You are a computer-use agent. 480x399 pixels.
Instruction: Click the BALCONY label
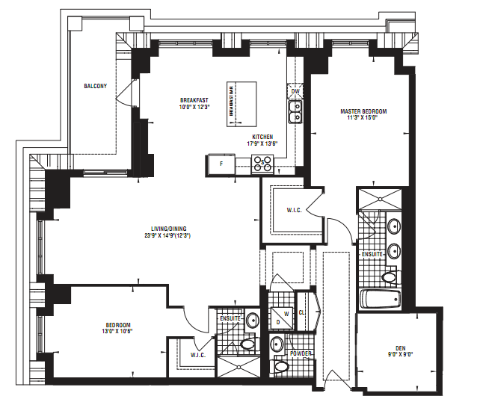click(95, 87)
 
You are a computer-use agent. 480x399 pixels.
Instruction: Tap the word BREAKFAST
click(194, 100)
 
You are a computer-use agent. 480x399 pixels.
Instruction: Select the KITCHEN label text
click(262, 137)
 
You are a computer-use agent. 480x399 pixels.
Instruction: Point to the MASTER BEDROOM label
click(364, 111)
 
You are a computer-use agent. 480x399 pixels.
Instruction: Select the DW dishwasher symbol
click(295, 93)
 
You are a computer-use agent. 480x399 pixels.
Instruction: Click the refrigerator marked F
click(221, 164)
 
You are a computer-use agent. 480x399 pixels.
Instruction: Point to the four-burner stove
click(263, 164)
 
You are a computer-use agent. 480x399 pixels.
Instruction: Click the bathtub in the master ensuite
click(380, 300)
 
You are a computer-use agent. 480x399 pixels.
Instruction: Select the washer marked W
click(286, 314)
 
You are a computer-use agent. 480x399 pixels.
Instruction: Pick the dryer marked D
click(277, 323)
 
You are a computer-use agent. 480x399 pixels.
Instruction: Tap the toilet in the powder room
click(282, 367)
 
